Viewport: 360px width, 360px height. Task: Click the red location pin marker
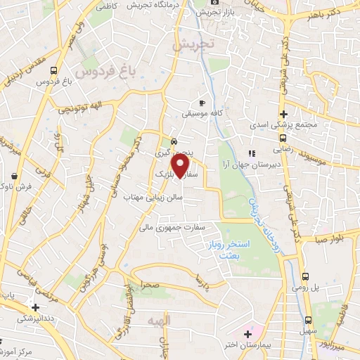(181, 166)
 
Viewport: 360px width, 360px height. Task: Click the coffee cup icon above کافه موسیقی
(202, 103)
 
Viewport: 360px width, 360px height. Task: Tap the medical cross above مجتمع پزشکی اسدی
(283, 114)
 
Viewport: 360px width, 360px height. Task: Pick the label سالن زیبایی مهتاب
(150, 199)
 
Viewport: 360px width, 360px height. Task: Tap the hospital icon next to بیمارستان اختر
(247, 333)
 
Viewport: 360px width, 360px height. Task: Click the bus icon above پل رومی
(306, 277)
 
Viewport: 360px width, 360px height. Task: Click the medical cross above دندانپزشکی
(35, 307)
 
